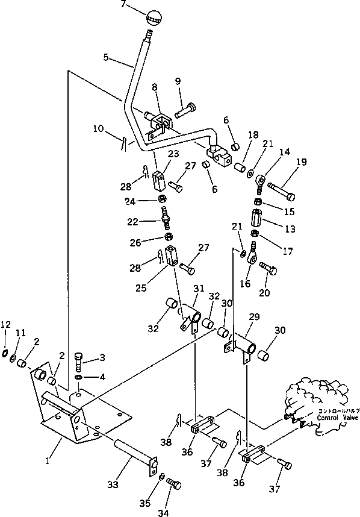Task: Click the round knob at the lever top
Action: pyautogui.click(x=154, y=17)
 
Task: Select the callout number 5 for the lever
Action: pyautogui.click(x=105, y=58)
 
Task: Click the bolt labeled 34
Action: pyautogui.click(x=173, y=484)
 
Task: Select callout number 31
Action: pyautogui.click(x=198, y=289)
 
